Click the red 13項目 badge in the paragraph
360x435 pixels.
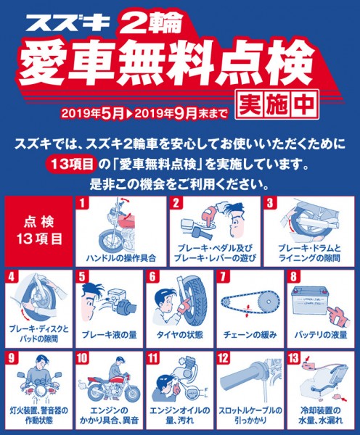click(x=73, y=165)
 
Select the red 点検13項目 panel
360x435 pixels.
click(x=39, y=231)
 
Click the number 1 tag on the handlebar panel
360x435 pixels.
click(x=82, y=203)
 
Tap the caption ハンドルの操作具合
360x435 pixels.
click(x=121, y=258)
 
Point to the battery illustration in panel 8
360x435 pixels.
click(x=309, y=300)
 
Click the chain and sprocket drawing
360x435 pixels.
click(x=250, y=302)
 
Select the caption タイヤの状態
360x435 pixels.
click(x=180, y=334)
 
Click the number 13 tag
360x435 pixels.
click(x=294, y=358)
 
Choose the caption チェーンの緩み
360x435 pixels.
click(x=250, y=334)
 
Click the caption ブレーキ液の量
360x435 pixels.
click(x=109, y=334)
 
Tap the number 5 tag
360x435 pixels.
click(x=82, y=277)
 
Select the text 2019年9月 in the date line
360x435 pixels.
click(x=165, y=113)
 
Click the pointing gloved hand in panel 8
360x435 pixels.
click(x=340, y=317)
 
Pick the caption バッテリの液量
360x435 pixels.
click(x=321, y=334)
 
